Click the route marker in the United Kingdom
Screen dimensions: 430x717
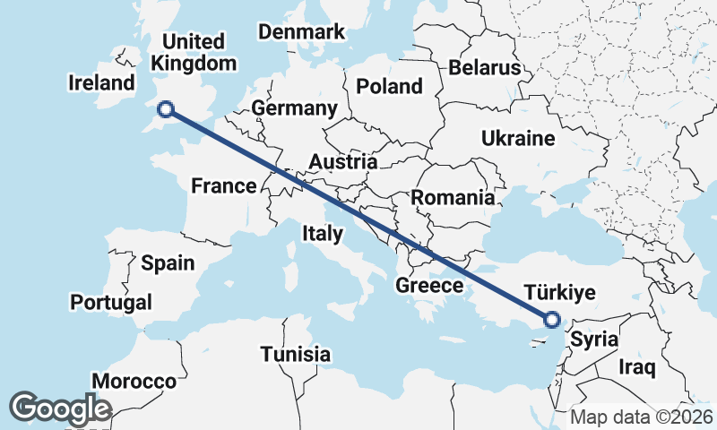(165, 109)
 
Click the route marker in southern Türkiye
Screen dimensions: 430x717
(552, 319)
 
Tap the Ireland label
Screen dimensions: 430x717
(101, 83)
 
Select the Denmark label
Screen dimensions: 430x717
(301, 32)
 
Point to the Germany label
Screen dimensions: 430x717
(294, 108)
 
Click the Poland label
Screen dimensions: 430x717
(389, 87)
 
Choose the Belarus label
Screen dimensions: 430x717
(485, 68)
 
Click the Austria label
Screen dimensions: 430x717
(343, 162)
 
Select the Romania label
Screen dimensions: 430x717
(453, 198)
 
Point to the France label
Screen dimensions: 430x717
(224, 186)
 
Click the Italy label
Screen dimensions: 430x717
(323, 234)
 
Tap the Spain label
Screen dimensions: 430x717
(168, 263)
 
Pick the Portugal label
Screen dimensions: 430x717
(111, 302)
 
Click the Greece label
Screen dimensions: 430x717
(428, 286)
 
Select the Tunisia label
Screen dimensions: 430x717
(296, 354)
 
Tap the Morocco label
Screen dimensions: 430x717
(134, 381)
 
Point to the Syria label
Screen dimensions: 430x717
(594, 340)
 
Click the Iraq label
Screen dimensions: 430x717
(637, 366)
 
